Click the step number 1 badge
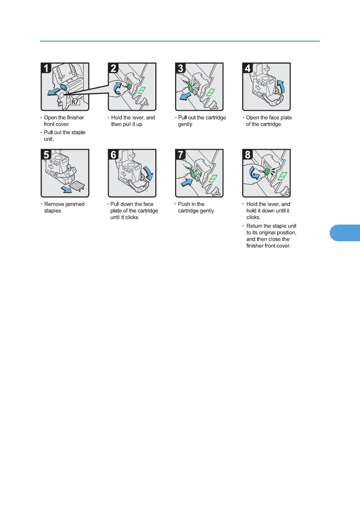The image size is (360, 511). coord(46,68)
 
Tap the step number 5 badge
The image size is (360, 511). coord(46,154)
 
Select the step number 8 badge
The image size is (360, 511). coord(248,154)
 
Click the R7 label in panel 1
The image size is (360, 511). coord(75,102)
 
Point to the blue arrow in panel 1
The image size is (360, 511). coord(54,92)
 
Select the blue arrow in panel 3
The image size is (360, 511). coord(185,96)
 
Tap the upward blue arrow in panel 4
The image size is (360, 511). coord(281,87)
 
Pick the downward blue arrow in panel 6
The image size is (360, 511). coord(148,173)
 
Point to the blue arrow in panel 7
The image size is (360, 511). coord(187,182)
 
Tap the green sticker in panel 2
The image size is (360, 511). coord(142,91)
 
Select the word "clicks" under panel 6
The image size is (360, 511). coord(132,217)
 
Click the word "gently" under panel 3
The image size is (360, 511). coord(185,124)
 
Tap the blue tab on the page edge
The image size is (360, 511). coord(345,233)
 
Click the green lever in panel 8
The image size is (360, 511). coord(267,171)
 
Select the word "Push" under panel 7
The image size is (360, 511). coord(184,204)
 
